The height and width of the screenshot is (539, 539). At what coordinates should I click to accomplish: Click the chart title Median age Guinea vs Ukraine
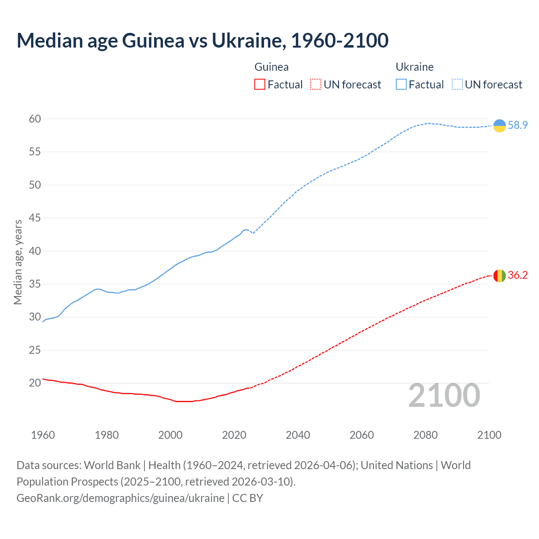(x=202, y=41)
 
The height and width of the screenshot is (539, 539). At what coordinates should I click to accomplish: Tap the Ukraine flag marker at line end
(x=499, y=125)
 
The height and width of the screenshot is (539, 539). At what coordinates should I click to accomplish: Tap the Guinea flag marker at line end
(x=499, y=275)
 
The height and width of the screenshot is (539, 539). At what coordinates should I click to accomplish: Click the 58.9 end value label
(x=518, y=125)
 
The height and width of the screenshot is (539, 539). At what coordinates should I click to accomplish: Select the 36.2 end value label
(x=518, y=275)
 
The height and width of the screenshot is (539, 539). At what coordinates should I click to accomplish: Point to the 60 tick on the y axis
(x=35, y=119)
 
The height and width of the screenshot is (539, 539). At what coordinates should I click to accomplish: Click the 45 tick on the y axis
(x=35, y=218)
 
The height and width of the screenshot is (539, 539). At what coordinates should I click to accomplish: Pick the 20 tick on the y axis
(x=35, y=383)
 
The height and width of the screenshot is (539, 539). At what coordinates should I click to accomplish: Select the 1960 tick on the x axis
(x=43, y=435)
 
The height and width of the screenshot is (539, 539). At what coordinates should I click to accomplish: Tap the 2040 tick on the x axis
(x=298, y=435)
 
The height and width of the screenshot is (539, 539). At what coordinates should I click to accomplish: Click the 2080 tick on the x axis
(x=425, y=435)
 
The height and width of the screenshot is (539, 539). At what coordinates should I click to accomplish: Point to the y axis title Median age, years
(x=18, y=262)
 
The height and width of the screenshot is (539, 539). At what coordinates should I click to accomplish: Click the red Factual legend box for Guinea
(x=260, y=85)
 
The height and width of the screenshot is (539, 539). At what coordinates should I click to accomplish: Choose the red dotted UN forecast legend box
(x=316, y=85)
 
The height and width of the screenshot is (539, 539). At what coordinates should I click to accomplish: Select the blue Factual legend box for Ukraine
(x=401, y=85)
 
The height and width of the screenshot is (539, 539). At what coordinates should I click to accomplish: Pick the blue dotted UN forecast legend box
(x=457, y=85)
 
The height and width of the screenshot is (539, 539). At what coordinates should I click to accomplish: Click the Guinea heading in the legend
(x=272, y=67)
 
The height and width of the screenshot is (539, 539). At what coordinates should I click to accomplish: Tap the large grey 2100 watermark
(x=444, y=395)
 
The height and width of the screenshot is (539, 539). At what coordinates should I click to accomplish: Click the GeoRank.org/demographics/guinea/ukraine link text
(x=120, y=498)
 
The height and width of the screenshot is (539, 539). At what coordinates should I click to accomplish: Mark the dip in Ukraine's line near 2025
(x=253, y=233)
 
